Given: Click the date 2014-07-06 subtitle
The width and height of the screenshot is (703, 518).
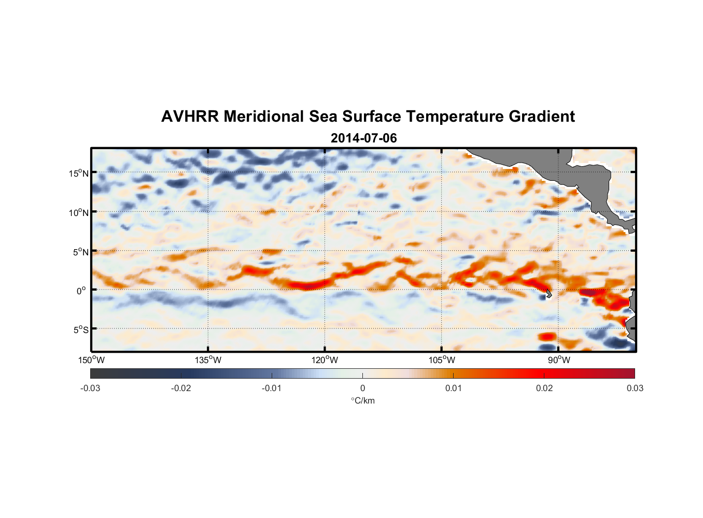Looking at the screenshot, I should pos(363,138).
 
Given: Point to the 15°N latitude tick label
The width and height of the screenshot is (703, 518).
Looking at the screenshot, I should pos(79,173).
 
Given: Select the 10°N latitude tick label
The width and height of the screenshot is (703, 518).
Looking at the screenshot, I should pos(79,212).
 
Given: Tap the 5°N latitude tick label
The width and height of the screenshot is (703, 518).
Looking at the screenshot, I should pos(80,252).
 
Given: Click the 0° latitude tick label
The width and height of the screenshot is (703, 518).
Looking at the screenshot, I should pos(81,291).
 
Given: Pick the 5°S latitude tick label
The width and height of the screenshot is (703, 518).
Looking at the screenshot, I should pos(80,330).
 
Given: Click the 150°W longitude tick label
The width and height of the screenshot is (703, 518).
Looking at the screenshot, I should pos(91,360).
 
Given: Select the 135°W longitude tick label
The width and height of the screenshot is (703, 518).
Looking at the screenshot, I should pos(208,360).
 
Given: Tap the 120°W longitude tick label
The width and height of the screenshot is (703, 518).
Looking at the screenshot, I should pos(325,360).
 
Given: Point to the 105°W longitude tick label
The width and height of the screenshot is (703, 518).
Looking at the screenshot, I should pos(442,360).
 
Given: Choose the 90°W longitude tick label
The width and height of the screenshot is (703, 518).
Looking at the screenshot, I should pos(559,360).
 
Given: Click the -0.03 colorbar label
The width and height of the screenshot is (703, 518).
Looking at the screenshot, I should pos(90,388).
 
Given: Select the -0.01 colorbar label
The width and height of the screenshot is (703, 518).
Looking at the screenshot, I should pos(272,388).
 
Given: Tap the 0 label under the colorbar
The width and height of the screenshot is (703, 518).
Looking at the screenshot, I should pos(362,388).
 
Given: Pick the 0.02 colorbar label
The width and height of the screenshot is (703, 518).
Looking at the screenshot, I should pos(544,388).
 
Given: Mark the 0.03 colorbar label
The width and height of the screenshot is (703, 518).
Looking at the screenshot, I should pos(635,388).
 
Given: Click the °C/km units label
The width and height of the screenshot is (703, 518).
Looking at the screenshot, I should pos(362,400).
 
